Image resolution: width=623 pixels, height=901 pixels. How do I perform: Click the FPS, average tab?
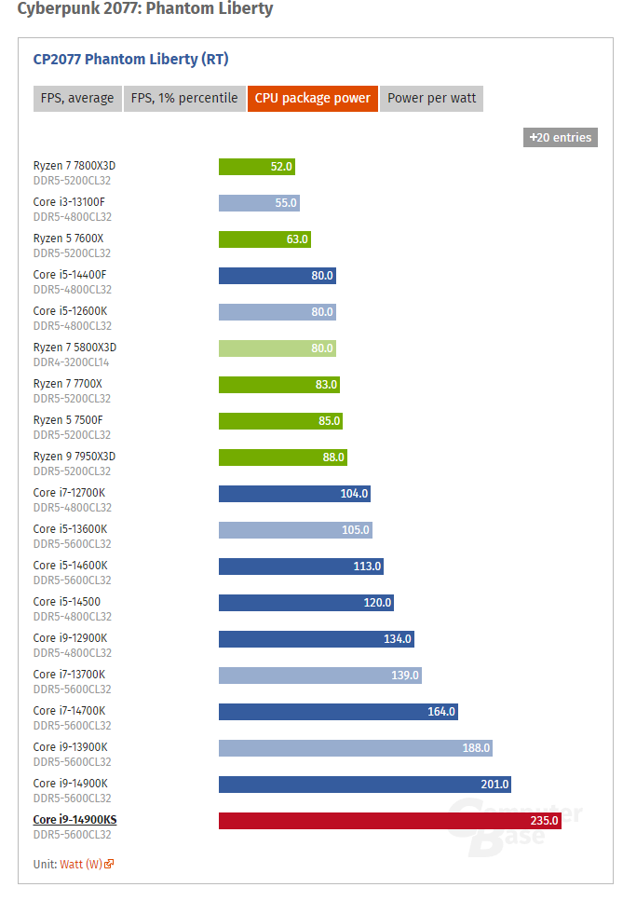tap(77, 98)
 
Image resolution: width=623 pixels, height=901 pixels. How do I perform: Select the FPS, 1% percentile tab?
tap(184, 98)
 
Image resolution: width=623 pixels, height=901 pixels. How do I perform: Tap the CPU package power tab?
tap(312, 98)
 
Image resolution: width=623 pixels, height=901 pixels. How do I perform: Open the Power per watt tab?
tap(431, 98)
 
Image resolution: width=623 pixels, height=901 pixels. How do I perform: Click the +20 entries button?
tap(561, 137)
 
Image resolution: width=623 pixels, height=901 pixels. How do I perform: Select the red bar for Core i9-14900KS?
tap(390, 821)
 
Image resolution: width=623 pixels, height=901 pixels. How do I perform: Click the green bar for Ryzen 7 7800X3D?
tap(257, 167)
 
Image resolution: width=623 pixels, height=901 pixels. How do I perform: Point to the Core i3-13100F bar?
tap(259, 203)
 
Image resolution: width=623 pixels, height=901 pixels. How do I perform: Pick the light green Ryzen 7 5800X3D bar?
tap(278, 348)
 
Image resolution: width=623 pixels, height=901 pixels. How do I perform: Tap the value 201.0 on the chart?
tap(495, 785)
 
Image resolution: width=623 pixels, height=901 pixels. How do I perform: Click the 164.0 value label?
tap(441, 711)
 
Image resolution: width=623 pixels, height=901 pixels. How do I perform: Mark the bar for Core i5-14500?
tap(306, 603)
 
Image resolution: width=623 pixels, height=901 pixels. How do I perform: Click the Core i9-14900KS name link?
tap(74, 820)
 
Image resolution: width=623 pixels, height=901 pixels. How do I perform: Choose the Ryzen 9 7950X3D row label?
tap(74, 457)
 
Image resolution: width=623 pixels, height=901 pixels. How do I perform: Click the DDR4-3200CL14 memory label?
tap(71, 362)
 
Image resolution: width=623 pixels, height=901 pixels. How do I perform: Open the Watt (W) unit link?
tap(87, 865)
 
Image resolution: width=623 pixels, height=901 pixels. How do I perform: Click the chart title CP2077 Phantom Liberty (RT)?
tap(131, 60)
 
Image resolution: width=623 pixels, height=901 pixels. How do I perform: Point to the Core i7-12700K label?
tap(70, 493)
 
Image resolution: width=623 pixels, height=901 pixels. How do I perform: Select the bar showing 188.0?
tap(356, 748)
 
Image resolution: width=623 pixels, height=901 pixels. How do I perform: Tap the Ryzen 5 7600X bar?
tap(264, 239)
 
